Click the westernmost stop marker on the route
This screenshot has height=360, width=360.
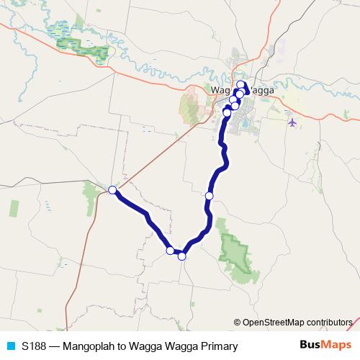[x=112, y=189]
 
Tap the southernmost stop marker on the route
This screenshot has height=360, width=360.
[x=182, y=256]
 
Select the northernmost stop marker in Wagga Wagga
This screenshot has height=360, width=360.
[x=241, y=85]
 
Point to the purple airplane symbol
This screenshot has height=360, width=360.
[x=292, y=121]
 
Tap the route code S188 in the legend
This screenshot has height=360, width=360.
[x=34, y=346]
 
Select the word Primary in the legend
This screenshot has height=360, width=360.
[x=219, y=346]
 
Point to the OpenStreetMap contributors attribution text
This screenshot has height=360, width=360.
[x=297, y=322]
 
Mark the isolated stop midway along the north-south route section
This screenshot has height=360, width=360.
[x=210, y=195]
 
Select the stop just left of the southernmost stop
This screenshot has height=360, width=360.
[x=171, y=251]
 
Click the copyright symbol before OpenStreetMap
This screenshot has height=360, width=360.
[x=237, y=322]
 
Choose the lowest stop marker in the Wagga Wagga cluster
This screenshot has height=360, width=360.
[x=227, y=112]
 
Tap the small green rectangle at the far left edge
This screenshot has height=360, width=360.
[x=14, y=208]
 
